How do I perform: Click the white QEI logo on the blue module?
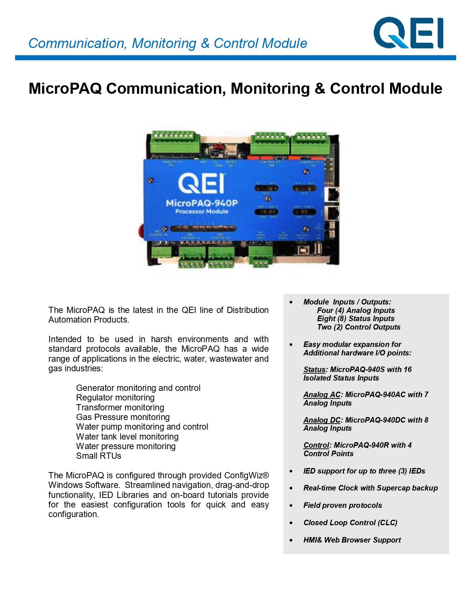point(201,183)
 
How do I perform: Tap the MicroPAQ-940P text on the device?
point(201,203)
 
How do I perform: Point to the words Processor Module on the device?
point(201,211)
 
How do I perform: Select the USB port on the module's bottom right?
point(318,249)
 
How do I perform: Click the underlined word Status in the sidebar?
point(314,369)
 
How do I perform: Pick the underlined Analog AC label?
point(322,395)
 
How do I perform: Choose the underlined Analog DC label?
point(322,420)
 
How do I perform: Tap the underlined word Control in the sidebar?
point(316,445)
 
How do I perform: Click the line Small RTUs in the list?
point(99,456)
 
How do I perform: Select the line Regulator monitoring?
point(115,398)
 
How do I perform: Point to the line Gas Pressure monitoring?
point(123,417)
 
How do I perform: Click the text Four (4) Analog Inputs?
point(356,310)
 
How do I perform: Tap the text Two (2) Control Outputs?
point(358,327)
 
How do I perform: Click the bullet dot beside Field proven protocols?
point(291,506)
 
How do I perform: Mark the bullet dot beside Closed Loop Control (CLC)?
point(291,523)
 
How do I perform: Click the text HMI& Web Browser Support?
point(352,540)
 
